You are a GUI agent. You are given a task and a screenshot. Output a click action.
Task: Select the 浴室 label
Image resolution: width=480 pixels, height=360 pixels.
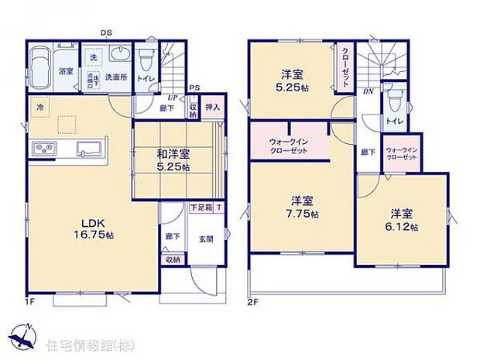tap(46, 70)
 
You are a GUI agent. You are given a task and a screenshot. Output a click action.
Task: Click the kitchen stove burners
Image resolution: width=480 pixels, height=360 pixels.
tap(42, 147)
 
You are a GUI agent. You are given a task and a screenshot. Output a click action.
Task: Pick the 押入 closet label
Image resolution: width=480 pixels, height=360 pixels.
tap(214, 108)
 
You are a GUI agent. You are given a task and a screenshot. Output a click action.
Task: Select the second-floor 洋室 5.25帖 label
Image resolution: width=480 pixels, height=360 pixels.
tap(292, 81)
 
